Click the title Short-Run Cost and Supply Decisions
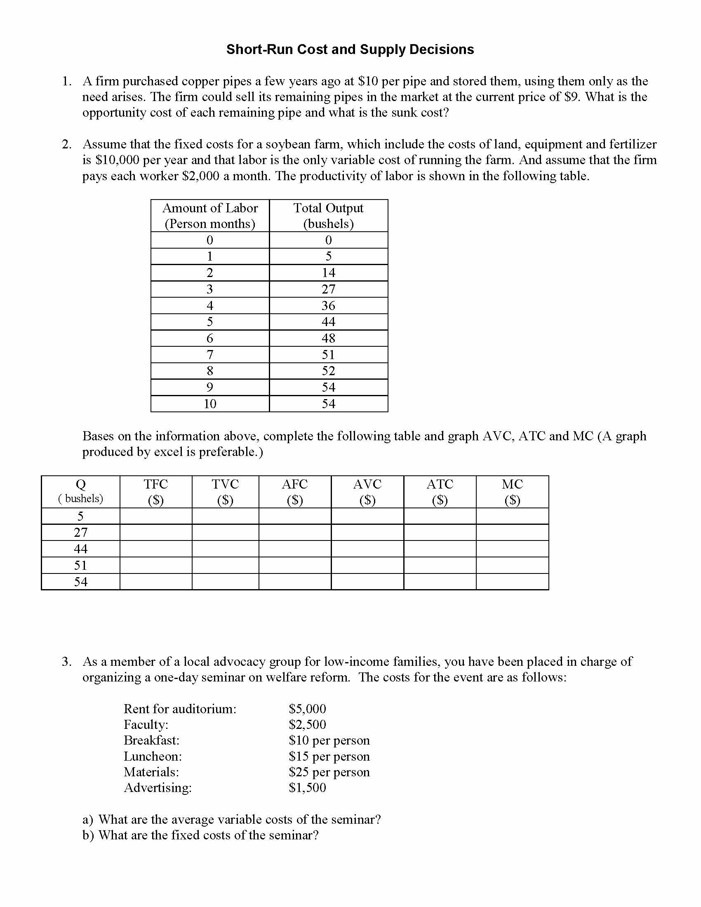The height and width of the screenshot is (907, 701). [x=350, y=49]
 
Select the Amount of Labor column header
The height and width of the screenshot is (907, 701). [x=210, y=216]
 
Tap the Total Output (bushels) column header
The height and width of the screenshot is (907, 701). [x=328, y=216]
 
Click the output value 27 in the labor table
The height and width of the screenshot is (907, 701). [x=328, y=289]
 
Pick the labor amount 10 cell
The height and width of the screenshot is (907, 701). [x=210, y=404]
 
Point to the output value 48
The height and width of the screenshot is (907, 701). [x=328, y=338]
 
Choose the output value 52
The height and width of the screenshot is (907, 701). [x=328, y=371]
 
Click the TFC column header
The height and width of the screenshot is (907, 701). [x=156, y=492]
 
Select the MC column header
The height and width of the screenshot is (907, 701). [x=512, y=492]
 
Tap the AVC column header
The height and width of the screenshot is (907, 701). [x=367, y=492]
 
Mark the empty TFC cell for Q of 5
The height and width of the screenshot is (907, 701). [x=156, y=516]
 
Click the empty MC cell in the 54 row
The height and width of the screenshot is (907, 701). [x=512, y=581]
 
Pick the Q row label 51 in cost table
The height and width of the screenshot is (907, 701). [x=80, y=565]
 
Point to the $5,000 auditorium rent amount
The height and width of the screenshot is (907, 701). [x=307, y=709]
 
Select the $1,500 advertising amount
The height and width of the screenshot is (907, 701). [x=307, y=788]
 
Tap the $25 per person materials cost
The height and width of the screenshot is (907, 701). [x=329, y=772]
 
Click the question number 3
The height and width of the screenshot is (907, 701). [x=66, y=662]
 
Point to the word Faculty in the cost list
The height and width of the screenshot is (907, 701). [x=146, y=725]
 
